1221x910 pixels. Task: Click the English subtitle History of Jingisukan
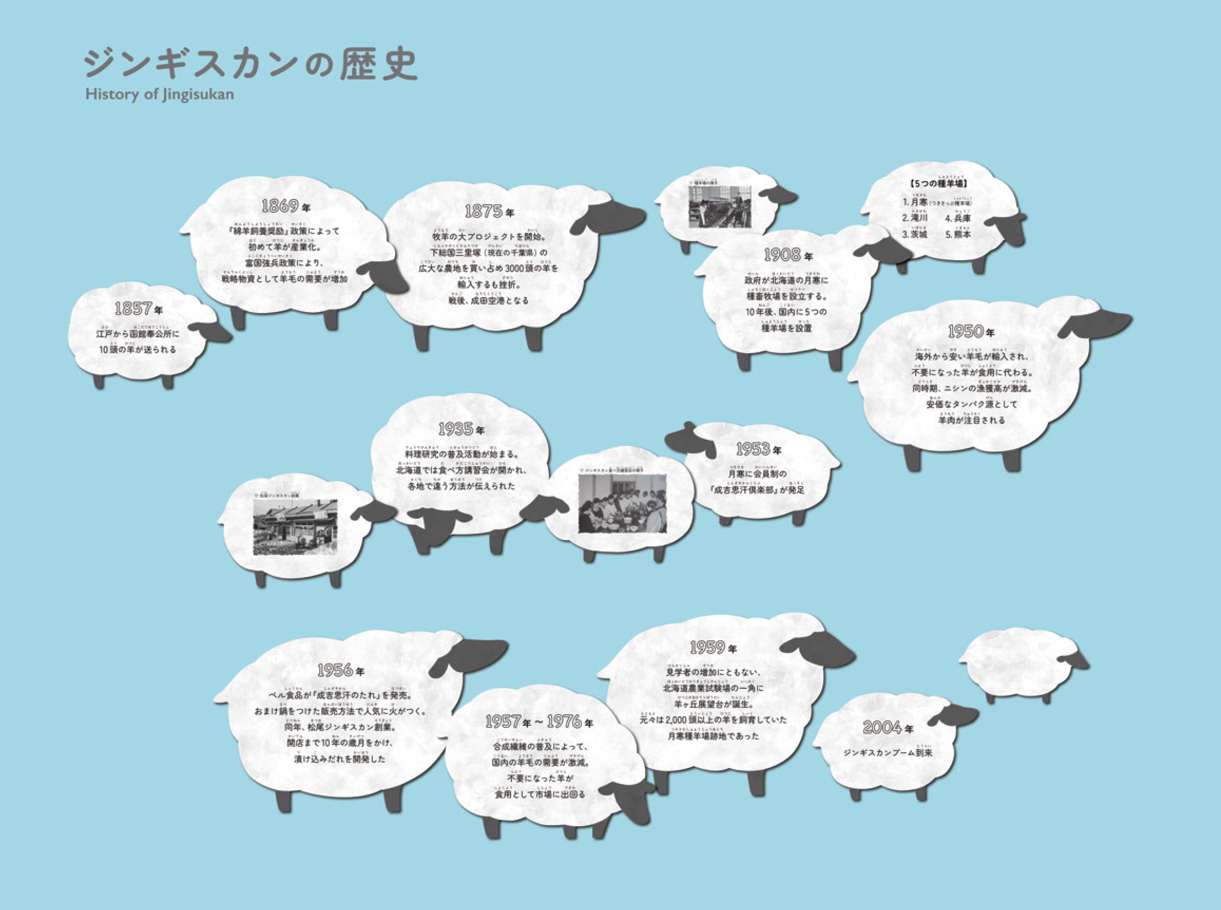159,94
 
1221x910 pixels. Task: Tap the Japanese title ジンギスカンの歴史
251,64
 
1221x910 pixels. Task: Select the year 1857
133,309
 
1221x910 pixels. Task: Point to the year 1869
280,206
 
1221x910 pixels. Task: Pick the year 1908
782,255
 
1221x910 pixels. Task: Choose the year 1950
966,332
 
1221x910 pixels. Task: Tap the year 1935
455,429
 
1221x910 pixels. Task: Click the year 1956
335,671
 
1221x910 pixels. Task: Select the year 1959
706,648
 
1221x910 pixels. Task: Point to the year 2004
883,728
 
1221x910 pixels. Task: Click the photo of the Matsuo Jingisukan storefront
295,527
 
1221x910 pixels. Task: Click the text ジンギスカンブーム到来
888,753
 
